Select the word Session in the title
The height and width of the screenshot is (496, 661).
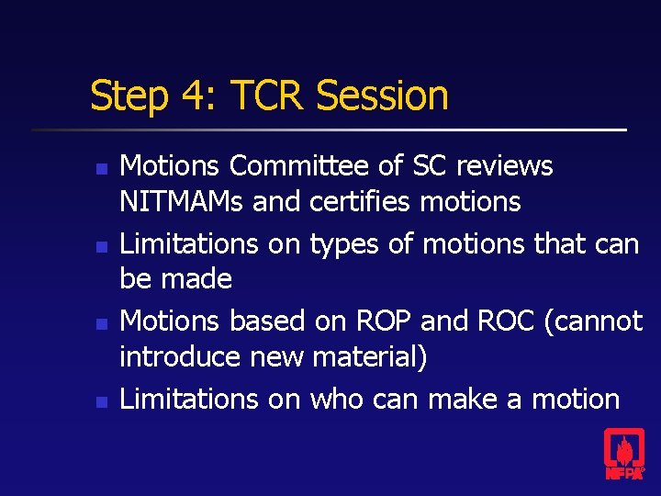pyautogui.click(x=385, y=96)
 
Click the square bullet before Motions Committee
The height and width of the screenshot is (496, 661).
pyautogui.click(x=103, y=169)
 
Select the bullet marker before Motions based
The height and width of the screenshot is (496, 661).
pyautogui.click(x=103, y=323)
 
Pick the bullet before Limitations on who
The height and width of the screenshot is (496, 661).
pyautogui.click(x=103, y=401)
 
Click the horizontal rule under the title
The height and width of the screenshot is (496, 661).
pyautogui.click(x=330, y=130)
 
